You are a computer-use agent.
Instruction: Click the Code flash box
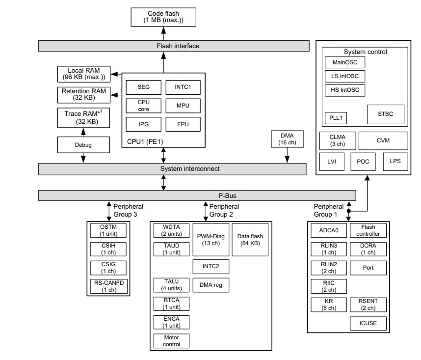click(164, 18)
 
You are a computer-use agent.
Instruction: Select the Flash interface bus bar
click(174, 46)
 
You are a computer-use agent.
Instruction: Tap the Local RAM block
click(83, 74)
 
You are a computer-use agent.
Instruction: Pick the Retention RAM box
click(83, 94)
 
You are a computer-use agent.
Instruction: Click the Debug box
click(83, 145)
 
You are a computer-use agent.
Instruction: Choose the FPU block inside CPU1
click(183, 124)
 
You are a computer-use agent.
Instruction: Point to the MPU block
click(183, 106)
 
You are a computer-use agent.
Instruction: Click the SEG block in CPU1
click(143, 87)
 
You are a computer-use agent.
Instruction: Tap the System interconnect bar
click(174, 168)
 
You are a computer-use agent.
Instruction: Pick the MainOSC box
click(345, 62)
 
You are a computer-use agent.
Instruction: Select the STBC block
click(386, 114)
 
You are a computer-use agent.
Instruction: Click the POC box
click(363, 161)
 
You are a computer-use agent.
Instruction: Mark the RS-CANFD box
click(108, 286)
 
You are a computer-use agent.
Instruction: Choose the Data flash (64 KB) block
click(250, 239)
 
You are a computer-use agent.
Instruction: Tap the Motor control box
click(171, 341)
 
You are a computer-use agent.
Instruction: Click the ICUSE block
click(368, 324)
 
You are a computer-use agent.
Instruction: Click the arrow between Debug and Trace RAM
click(83, 132)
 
